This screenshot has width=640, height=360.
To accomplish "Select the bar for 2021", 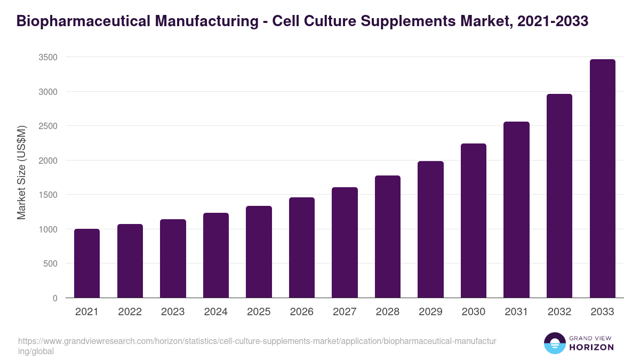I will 87,263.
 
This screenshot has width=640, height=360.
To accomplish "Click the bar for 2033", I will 603,179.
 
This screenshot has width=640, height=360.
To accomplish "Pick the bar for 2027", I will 345,243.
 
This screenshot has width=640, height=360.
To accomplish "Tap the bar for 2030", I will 474,221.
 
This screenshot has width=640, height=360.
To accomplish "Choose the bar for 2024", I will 216,255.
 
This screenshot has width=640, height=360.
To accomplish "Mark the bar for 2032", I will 559,196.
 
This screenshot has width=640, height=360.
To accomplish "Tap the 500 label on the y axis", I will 51,263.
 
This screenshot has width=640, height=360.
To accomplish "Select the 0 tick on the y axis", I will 55,298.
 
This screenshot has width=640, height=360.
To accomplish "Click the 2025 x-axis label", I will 259,312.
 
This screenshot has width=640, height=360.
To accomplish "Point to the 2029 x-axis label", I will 430,312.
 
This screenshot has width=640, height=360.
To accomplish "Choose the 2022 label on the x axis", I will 130,312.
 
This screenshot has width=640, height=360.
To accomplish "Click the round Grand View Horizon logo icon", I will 555,343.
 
